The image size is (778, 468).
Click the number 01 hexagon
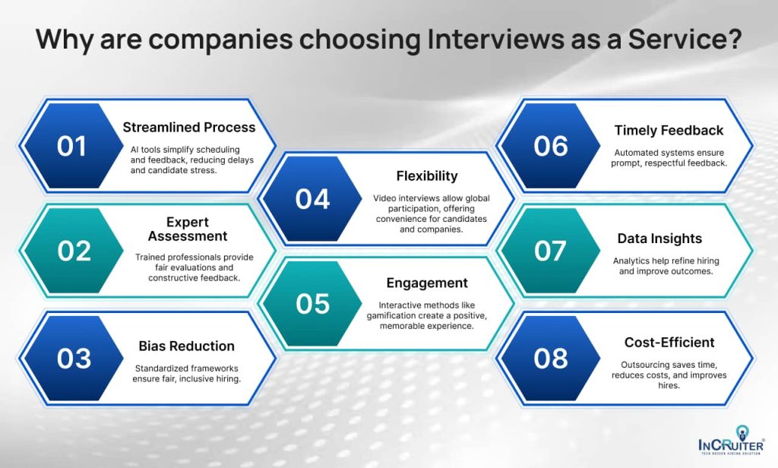(x=71, y=146)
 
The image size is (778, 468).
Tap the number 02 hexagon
(x=74, y=251)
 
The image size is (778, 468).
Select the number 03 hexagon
(x=74, y=357)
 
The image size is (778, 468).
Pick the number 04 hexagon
(x=312, y=199)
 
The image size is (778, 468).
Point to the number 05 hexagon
(x=312, y=304)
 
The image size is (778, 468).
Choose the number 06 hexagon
(x=551, y=146)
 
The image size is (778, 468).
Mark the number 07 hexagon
(x=551, y=251)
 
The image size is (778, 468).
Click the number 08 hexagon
(x=551, y=357)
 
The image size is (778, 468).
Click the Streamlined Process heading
(x=189, y=128)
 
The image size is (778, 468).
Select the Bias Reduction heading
(x=186, y=346)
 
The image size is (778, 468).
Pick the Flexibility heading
(x=427, y=176)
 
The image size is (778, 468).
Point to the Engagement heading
(x=427, y=283)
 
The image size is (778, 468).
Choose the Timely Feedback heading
(x=669, y=131)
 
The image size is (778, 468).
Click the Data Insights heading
(x=659, y=239)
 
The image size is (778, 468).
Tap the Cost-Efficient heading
(x=669, y=343)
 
